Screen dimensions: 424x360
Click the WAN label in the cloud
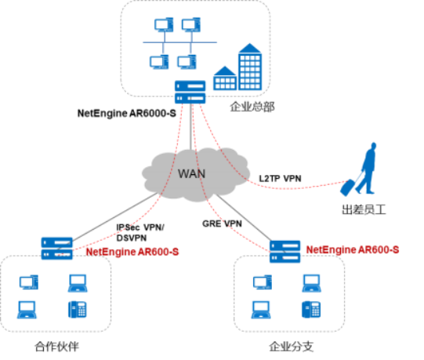pos(191,174)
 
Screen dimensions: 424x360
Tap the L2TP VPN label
pos(280,179)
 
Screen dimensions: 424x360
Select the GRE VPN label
pos(222,224)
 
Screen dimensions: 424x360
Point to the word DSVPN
pos(132,238)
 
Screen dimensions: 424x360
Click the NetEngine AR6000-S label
pos(126,113)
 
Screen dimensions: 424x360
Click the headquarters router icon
pos(190,92)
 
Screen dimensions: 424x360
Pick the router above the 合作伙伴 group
pos(56,249)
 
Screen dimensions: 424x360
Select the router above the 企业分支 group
pos(284,252)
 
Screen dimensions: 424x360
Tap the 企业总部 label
pos(252,107)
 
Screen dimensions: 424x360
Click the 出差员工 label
pos(364,209)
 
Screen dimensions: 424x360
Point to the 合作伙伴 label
pos(56,347)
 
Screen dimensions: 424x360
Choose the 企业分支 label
pos(292,347)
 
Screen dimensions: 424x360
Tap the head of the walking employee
pos(373,146)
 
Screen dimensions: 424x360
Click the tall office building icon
pos(250,67)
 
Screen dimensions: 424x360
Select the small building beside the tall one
pos(225,78)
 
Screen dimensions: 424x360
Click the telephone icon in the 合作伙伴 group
pos(78,309)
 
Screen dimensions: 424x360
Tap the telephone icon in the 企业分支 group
pos(311,309)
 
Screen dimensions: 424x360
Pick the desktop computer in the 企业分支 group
pos(263,282)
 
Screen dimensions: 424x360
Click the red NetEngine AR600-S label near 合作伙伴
pos(132,252)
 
